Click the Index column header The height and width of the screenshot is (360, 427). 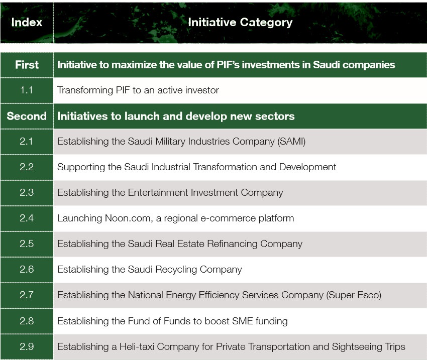(x=27, y=22)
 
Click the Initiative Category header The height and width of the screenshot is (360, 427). (x=240, y=22)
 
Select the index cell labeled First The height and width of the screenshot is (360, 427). (x=27, y=65)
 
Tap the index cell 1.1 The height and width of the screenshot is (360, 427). (x=27, y=90)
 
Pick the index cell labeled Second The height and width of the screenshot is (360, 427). (x=27, y=116)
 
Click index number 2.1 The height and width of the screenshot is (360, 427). (x=27, y=142)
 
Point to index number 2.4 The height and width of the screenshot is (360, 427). (x=27, y=218)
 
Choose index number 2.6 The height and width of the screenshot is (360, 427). (x=27, y=270)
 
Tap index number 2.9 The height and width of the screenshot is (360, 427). (x=27, y=346)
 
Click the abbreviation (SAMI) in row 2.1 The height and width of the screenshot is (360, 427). (x=291, y=142)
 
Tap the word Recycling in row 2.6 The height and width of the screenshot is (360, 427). (x=176, y=270)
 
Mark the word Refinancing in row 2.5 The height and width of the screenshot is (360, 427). (x=232, y=244)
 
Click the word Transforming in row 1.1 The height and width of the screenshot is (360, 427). (x=85, y=90)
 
